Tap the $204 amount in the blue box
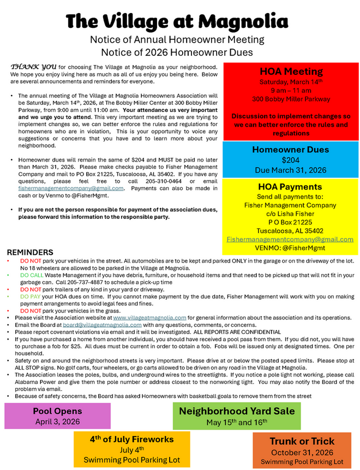tap(291, 160)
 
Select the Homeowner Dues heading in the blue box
tap(291, 150)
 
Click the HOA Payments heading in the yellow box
tap(291, 187)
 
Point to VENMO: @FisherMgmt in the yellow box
tap(290, 248)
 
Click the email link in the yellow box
tap(290, 239)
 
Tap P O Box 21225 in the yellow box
tap(290, 222)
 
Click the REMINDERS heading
tap(29, 253)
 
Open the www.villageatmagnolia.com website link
tap(149, 317)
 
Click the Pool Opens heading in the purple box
tap(57, 410)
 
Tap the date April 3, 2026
tap(57, 421)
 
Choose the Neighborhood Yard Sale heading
tap(237, 411)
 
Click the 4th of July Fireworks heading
tap(131, 439)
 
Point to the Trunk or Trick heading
tap(302, 441)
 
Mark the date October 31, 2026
tap(302, 452)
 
